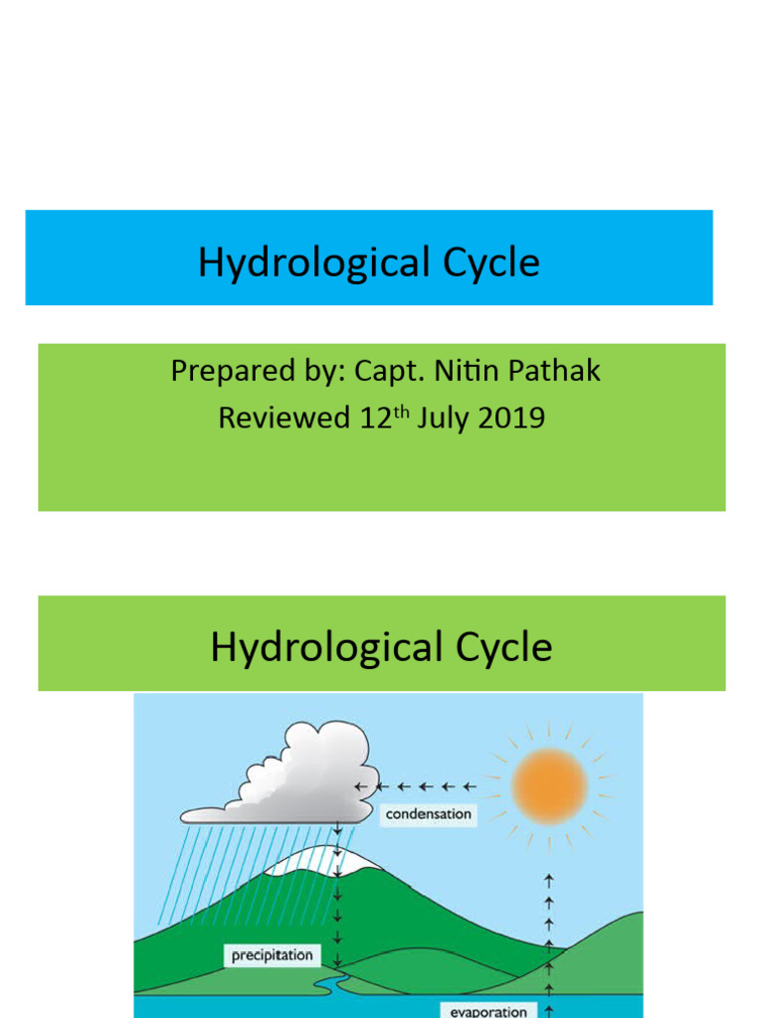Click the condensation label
pyautogui.click(x=428, y=815)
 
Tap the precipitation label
pyautogui.click(x=272, y=956)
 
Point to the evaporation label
pyautogui.click(x=487, y=1010)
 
